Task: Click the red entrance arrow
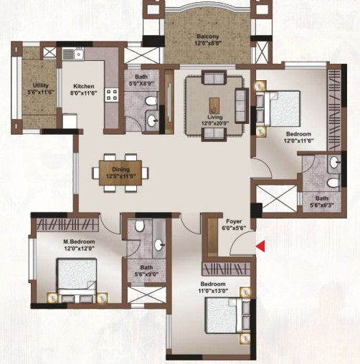tap(261, 246)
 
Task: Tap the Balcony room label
tap(208, 37)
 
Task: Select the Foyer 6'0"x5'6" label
tap(234, 224)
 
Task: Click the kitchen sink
tap(78, 54)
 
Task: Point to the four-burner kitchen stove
tap(111, 95)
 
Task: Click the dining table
tap(120, 173)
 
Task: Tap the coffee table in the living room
tap(214, 105)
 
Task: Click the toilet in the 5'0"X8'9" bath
tap(151, 101)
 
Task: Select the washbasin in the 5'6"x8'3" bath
tap(334, 163)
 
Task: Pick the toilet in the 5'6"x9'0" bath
tap(140, 226)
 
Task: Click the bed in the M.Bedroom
tap(77, 280)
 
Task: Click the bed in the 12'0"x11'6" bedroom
tap(278, 109)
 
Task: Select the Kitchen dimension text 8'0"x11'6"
tap(83, 93)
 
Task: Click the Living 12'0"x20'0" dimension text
tap(215, 123)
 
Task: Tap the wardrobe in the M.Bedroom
tap(67, 225)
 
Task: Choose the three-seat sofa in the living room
tap(242, 105)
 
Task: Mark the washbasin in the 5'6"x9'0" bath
tap(159, 244)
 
